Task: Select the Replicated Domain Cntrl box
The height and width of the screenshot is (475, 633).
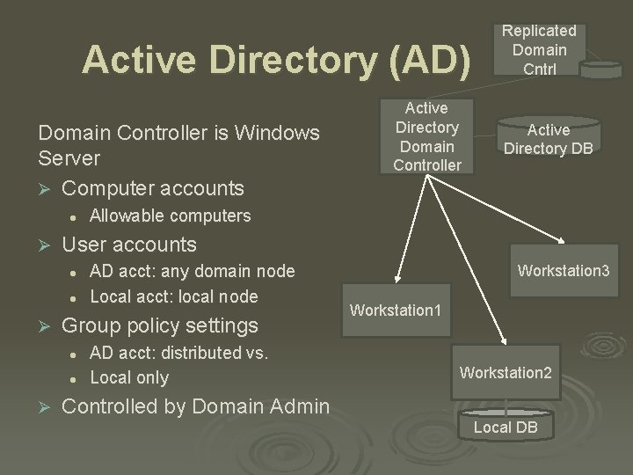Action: pyautogui.click(x=539, y=50)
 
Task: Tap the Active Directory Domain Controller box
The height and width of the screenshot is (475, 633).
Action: pyautogui.click(x=426, y=135)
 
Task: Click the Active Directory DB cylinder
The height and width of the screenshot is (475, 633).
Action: pyautogui.click(x=547, y=139)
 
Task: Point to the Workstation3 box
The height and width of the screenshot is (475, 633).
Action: pyautogui.click(x=563, y=270)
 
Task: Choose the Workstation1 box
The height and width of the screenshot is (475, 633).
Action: pyautogui.click(x=395, y=310)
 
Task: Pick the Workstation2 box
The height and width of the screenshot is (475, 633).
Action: pyautogui.click(x=506, y=372)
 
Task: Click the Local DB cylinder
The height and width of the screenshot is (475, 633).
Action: pyautogui.click(x=505, y=427)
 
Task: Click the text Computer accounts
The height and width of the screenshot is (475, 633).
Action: pyautogui.click(x=154, y=188)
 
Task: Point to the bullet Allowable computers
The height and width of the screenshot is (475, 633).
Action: pyautogui.click(x=171, y=216)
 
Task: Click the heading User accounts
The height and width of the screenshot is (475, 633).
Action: pyautogui.click(x=129, y=244)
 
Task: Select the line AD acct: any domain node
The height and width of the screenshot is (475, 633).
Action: pyautogui.click(x=193, y=271)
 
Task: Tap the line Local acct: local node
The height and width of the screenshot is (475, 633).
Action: pyautogui.click(x=174, y=296)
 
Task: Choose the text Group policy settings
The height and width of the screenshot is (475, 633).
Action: pyautogui.click(x=160, y=325)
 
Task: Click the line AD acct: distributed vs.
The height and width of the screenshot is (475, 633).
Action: pyautogui.click(x=178, y=353)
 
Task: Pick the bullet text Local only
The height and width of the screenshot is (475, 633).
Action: pyautogui.click(x=129, y=377)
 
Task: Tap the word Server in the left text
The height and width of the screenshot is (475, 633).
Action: pyautogui.click(x=69, y=159)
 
